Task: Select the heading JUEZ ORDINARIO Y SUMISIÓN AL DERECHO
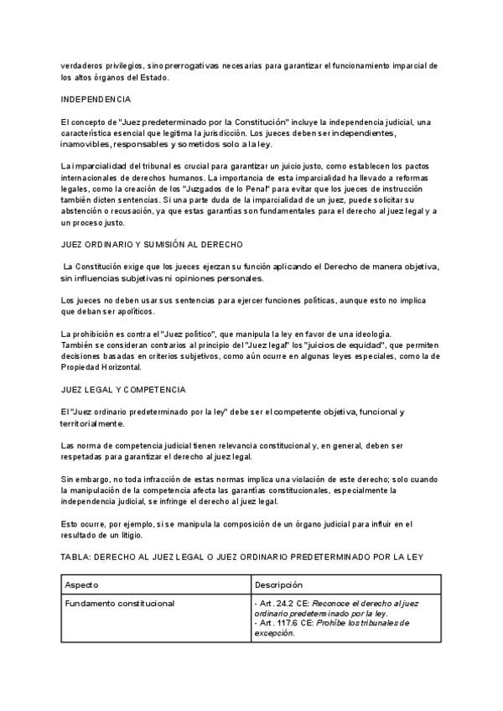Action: (x=152, y=244)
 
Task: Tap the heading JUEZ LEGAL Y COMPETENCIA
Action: (x=123, y=390)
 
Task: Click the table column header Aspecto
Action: (x=81, y=584)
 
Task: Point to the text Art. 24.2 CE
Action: (x=281, y=603)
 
